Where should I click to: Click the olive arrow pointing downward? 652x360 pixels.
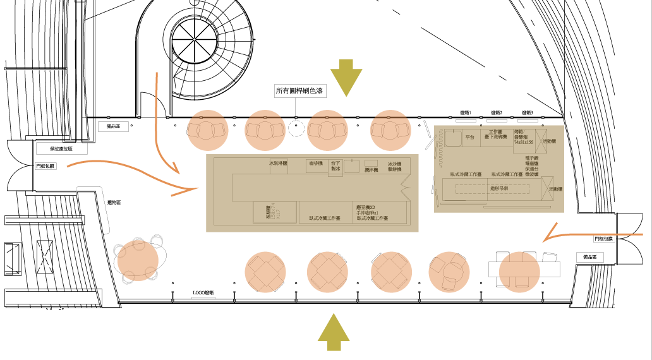[346, 78]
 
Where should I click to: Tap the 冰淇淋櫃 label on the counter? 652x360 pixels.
[278, 164]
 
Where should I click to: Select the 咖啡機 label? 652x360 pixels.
[315, 164]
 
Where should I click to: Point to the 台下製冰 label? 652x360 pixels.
[335, 166]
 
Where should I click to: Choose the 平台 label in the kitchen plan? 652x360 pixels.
[469, 137]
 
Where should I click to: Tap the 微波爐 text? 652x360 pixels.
[531, 174]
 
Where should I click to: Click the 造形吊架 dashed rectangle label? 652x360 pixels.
[499, 188]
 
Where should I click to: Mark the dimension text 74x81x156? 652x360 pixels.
[524, 143]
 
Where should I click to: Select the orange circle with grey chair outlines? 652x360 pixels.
[138, 260]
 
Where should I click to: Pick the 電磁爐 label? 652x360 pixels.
[531, 164]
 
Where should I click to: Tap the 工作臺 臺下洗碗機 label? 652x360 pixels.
[495, 135]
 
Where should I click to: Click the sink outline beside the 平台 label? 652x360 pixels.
[452, 137]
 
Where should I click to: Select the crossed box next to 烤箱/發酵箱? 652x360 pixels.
[541, 141]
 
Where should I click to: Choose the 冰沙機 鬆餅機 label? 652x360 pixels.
[395, 167]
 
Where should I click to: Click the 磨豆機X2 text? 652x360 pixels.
[365, 207]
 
